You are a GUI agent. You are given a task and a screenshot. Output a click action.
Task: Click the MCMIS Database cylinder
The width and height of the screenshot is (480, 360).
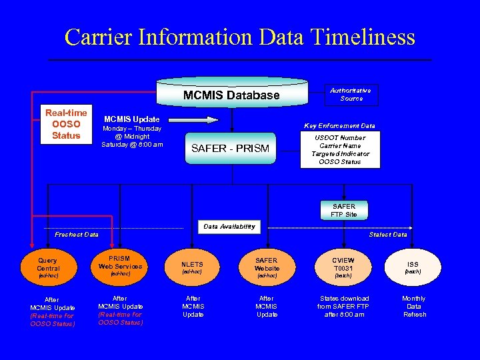[x=231, y=95]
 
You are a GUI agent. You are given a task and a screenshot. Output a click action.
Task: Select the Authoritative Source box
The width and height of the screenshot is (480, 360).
[x=351, y=95]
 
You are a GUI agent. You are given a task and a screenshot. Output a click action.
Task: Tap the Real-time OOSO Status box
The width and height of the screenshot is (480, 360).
[x=66, y=124]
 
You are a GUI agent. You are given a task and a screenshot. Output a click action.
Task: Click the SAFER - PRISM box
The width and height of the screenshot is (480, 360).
[x=231, y=148]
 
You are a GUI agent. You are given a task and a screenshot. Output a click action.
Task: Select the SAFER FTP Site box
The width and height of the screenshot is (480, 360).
[x=343, y=210]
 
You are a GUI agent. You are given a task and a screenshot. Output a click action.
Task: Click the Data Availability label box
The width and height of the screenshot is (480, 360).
[x=229, y=227]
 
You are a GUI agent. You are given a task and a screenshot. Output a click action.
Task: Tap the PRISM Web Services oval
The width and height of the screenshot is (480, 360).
[x=121, y=265]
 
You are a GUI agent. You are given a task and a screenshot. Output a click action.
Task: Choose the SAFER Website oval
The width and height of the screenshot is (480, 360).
[x=267, y=267]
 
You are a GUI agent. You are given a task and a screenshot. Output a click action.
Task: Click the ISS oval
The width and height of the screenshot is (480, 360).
[x=413, y=267]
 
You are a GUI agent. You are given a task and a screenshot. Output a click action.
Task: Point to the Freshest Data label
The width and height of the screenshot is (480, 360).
[x=77, y=235]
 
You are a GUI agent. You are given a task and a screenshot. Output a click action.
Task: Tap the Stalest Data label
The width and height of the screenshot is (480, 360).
[x=388, y=235]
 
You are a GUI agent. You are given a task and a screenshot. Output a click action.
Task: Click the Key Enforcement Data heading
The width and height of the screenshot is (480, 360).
[x=339, y=125]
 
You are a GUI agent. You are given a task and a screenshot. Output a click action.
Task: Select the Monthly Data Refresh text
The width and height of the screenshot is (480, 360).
[x=414, y=307]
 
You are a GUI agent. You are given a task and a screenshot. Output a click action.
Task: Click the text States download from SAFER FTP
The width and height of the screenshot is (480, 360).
[x=344, y=307]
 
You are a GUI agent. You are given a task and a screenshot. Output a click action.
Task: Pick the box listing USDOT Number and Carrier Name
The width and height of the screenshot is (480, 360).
[x=340, y=149]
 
